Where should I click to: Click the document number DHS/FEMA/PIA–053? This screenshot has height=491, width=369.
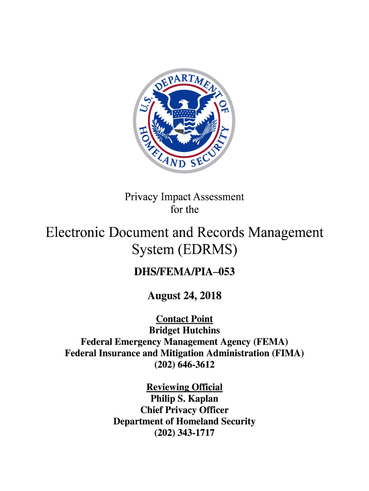pos(184,273)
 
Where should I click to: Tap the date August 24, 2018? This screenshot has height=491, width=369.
pos(184,296)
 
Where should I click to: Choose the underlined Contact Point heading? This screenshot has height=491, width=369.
pos(184,319)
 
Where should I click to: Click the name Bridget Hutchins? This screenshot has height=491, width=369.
pos(184,330)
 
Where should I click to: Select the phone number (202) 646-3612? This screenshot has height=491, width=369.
pos(184,365)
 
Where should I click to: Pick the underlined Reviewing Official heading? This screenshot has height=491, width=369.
pos(184,387)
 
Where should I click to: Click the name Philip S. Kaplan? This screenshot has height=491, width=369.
pos(184,398)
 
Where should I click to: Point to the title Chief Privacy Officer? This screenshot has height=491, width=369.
pos(184,410)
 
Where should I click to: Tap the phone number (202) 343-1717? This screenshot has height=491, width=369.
pos(184,433)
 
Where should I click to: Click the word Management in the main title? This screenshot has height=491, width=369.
pos(287,233)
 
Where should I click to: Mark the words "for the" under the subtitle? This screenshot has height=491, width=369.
pos(184,210)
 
